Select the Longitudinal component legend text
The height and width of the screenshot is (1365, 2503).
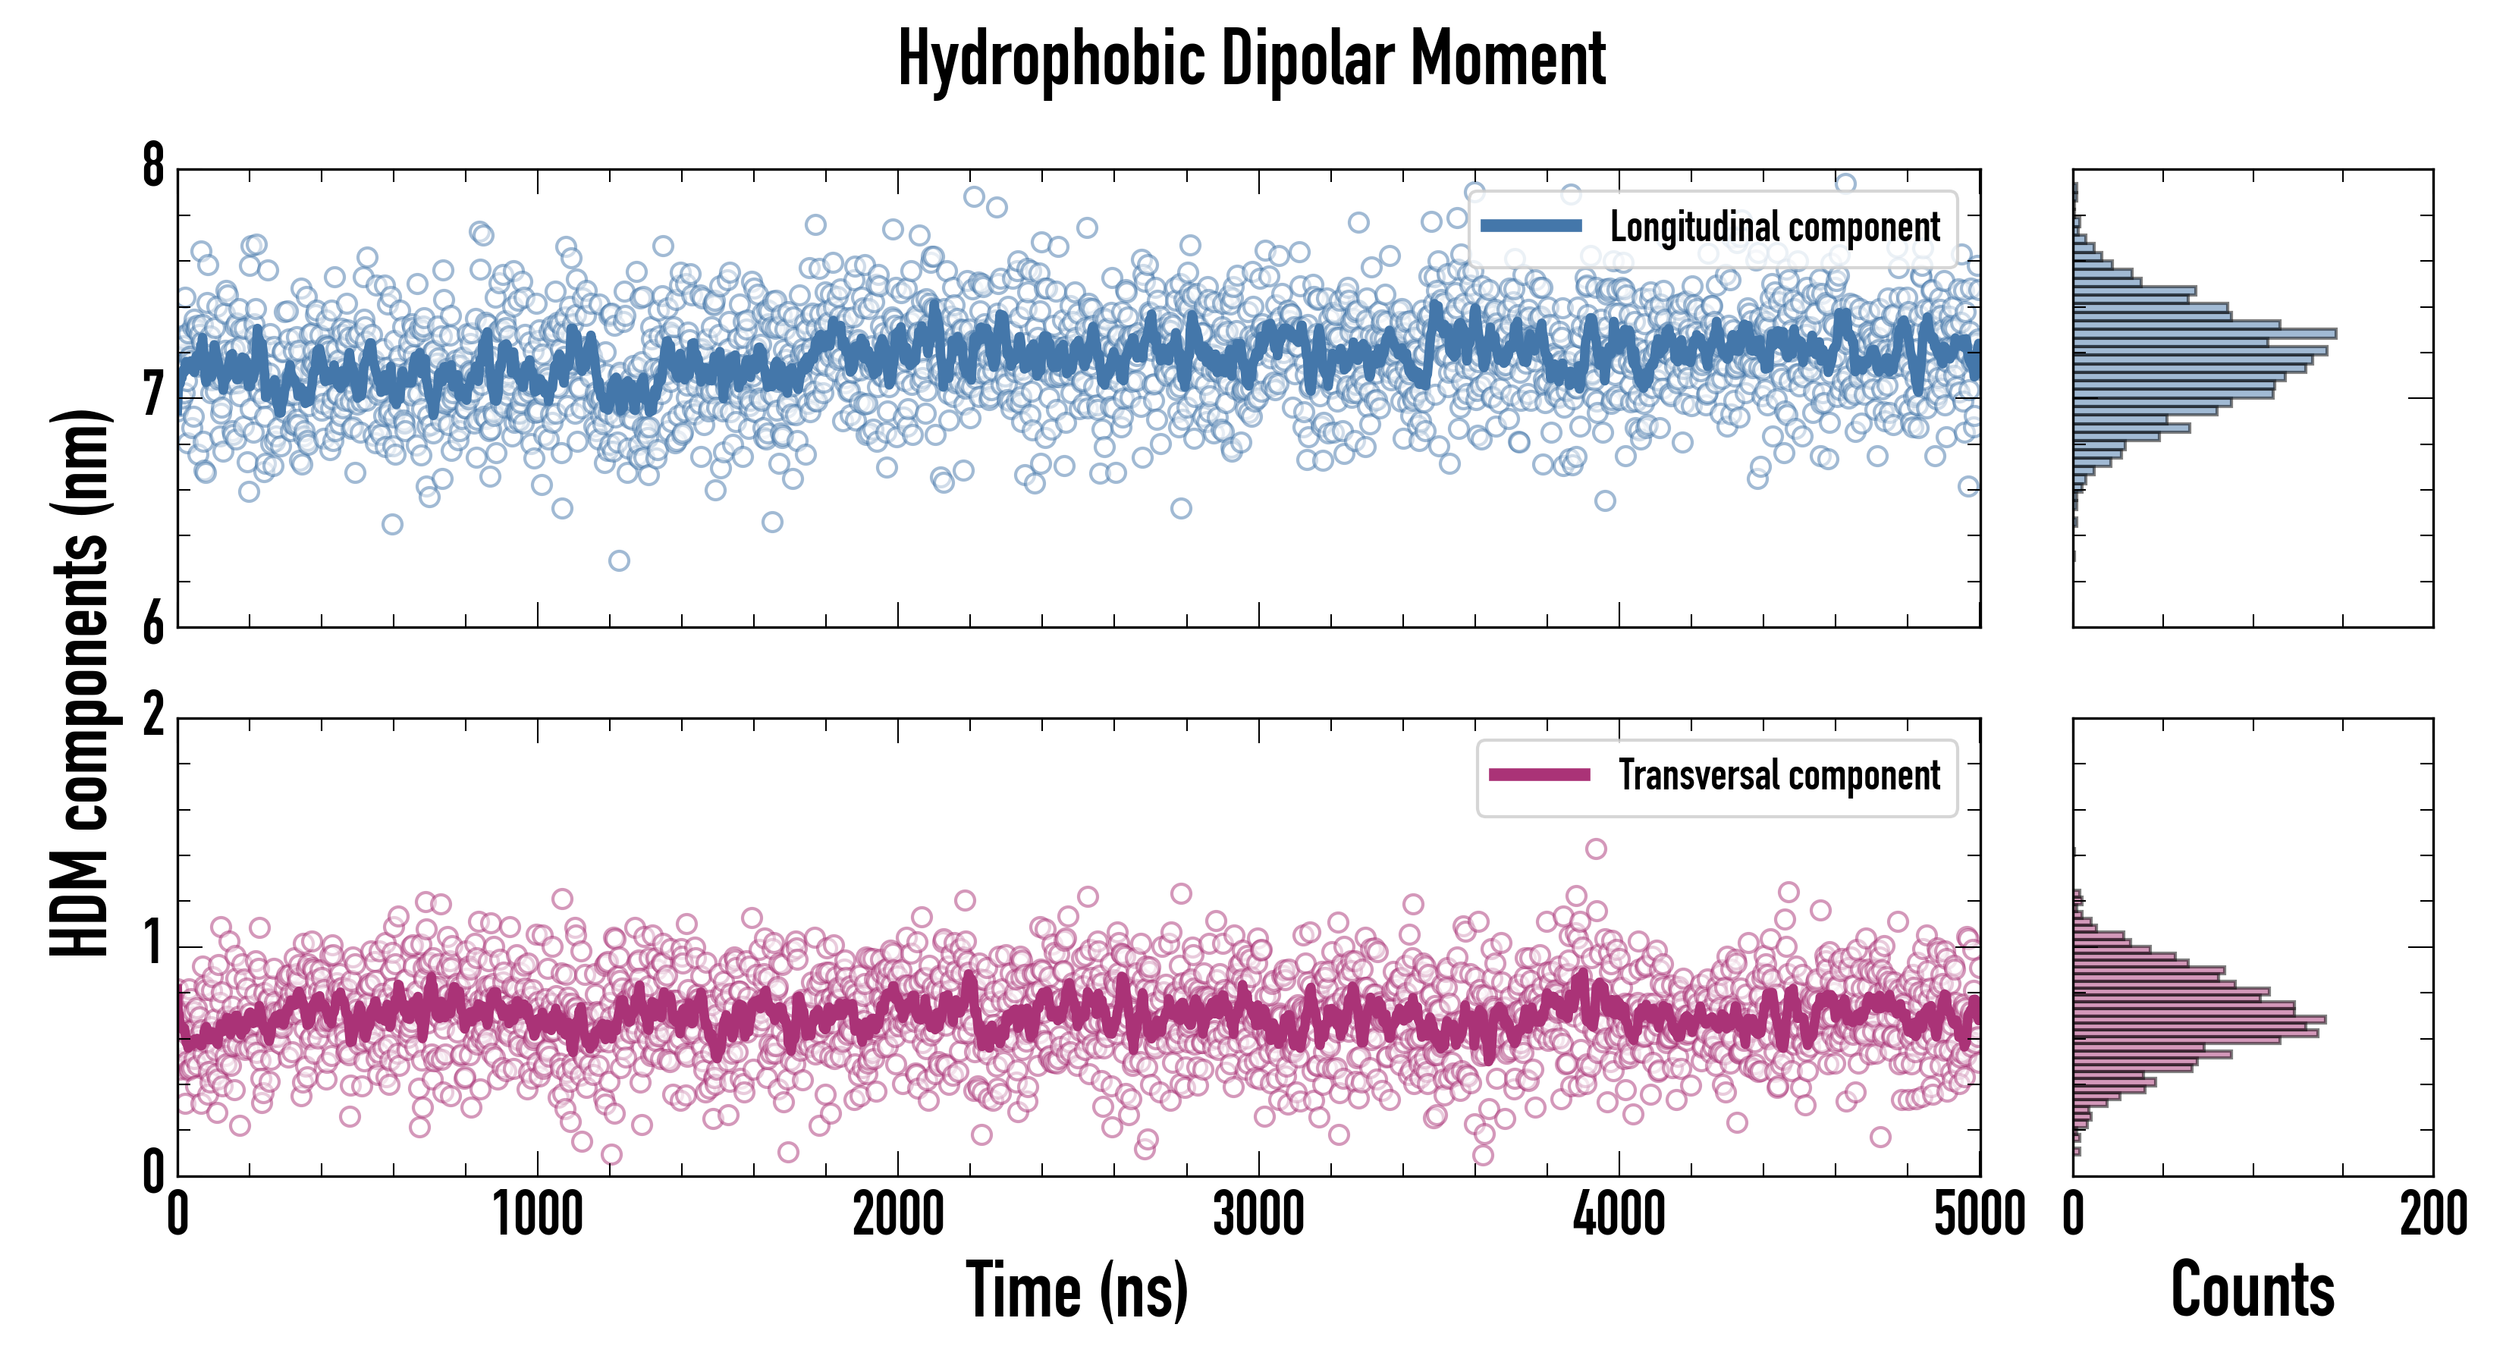point(1774,227)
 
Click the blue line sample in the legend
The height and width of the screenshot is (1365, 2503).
point(1531,227)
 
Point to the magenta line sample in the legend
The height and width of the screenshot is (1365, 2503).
point(1539,775)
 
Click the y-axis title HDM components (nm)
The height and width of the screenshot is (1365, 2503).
point(80,682)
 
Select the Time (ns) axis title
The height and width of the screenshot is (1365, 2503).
point(1076,1290)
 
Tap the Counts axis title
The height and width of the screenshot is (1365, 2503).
point(2252,1290)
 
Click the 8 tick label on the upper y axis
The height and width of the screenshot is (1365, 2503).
point(153,167)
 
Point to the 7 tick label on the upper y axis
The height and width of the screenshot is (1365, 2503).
point(153,395)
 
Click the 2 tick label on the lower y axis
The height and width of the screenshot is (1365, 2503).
point(153,717)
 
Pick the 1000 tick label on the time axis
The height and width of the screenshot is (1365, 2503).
point(537,1214)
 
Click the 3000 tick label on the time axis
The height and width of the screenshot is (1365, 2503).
point(1258,1214)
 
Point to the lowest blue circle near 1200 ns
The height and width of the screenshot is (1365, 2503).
point(619,560)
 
